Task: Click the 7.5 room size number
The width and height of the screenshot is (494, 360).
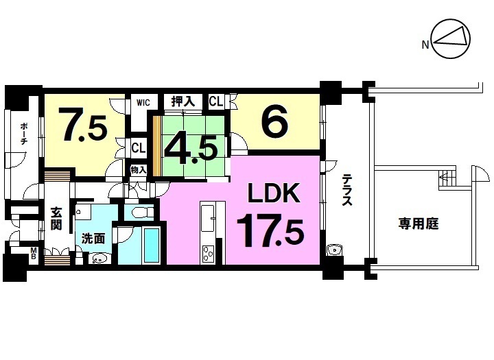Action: pyautogui.click(x=84, y=125)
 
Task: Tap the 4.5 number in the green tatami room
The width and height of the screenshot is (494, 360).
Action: pyautogui.click(x=191, y=150)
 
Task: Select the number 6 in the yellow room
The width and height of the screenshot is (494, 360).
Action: pyautogui.click(x=274, y=120)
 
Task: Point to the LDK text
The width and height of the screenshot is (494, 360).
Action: pyautogui.click(x=274, y=193)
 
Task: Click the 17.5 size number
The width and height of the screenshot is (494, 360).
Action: pyautogui.click(x=270, y=230)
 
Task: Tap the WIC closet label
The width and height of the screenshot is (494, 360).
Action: pyautogui.click(x=143, y=102)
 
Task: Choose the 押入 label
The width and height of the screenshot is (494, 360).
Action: pyautogui.click(x=183, y=101)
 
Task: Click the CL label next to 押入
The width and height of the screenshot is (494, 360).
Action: pyautogui.click(x=216, y=101)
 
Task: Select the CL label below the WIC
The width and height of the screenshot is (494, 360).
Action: pyautogui.click(x=139, y=147)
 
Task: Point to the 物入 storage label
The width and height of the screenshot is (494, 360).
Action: pyautogui.click(x=139, y=170)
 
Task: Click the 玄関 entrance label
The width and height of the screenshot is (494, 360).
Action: pyautogui.click(x=56, y=219)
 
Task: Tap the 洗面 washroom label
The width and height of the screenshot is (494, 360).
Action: pyautogui.click(x=93, y=238)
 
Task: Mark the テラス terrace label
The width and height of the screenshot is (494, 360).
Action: pyautogui.click(x=347, y=190)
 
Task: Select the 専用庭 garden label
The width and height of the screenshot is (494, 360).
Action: pyautogui.click(x=419, y=224)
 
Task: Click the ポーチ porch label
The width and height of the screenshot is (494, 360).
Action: pyautogui.click(x=23, y=134)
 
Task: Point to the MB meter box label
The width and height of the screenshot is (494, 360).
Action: pyautogui.click(x=34, y=253)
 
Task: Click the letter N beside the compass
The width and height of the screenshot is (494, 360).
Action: pyautogui.click(x=425, y=45)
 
